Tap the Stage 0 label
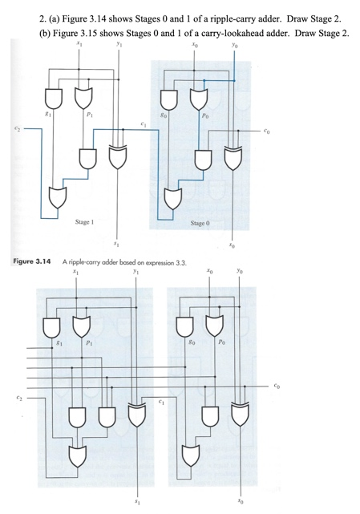[x=201, y=221]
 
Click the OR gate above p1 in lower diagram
[x=80, y=325]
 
